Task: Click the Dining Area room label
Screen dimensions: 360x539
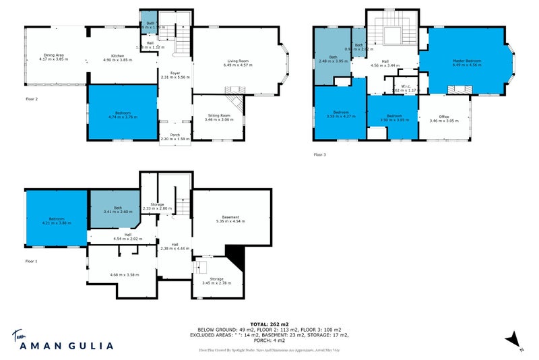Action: [54, 55]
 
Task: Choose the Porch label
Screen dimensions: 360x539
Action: [175, 135]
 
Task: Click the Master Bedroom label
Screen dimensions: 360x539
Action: [464, 61]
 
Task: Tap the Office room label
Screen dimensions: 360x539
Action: [443, 117]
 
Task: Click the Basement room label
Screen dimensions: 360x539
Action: [232, 217]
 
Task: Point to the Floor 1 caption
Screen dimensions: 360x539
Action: [32, 261]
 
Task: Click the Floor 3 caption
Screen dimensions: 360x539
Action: [319, 154]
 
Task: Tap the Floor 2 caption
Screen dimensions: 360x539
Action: [32, 98]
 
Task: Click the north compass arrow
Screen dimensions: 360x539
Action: [514, 338]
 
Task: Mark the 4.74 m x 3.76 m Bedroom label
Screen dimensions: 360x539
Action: [122, 113]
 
